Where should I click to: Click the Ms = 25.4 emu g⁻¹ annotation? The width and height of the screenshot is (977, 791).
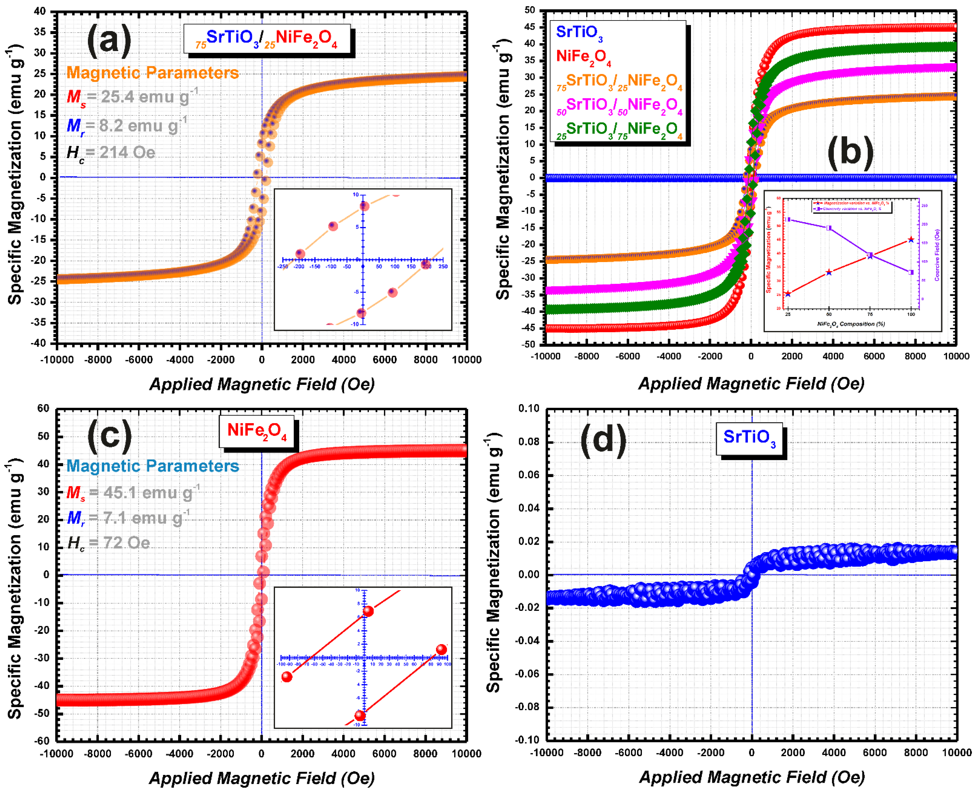coord(132,97)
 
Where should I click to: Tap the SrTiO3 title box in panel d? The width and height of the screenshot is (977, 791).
coord(749,438)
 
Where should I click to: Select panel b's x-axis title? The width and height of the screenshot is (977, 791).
coord(751,384)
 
